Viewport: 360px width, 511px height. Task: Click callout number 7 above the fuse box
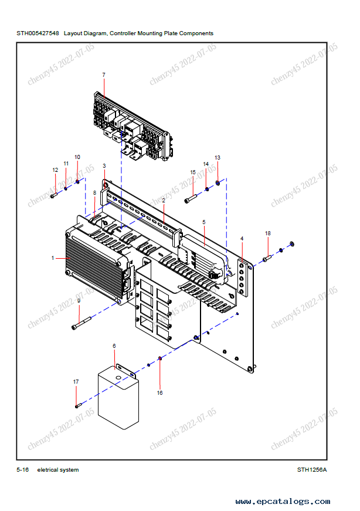pyautogui.click(x=104, y=75)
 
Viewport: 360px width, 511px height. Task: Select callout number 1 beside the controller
pyautogui.click(x=53, y=258)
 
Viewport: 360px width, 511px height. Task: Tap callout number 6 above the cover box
pyautogui.click(x=114, y=346)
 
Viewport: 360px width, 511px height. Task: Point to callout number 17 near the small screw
pyautogui.click(x=76, y=382)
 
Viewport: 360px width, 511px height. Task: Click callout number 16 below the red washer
pyautogui.click(x=159, y=392)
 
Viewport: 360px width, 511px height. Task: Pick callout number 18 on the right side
pyautogui.click(x=268, y=233)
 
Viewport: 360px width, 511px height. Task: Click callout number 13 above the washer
pyautogui.click(x=218, y=158)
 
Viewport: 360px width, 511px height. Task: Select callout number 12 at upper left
pyautogui.click(x=56, y=170)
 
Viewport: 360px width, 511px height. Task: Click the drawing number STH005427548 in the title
pyautogui.click(x=38, y=33)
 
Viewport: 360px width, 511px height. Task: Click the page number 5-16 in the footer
pyautogui.click(x=23, y=470)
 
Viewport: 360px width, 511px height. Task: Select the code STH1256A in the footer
pyautogui.click(x=311, y=470)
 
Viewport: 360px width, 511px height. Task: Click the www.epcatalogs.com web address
pyautogui.click(x=283, y=502)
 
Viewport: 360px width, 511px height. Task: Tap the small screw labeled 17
pyautogui.click(x=77, y=405)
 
